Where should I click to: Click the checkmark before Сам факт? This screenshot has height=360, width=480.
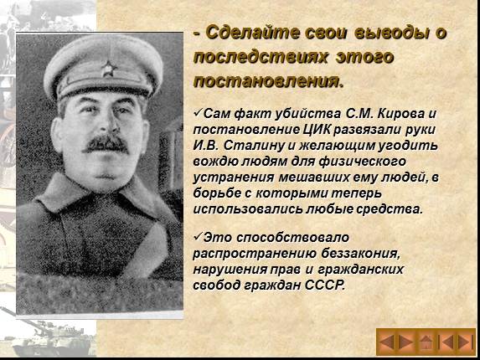[x=197, y=112]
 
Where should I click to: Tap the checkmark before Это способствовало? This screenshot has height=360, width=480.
[x=197, y=239]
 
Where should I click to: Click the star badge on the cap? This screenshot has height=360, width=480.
[x=108, y=65]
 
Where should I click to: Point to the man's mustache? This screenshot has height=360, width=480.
[x=106, y=143]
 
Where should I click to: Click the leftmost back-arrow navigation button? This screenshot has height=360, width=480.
[x=387, y=341]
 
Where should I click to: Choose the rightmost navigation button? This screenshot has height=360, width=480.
[x=464, y=341]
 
